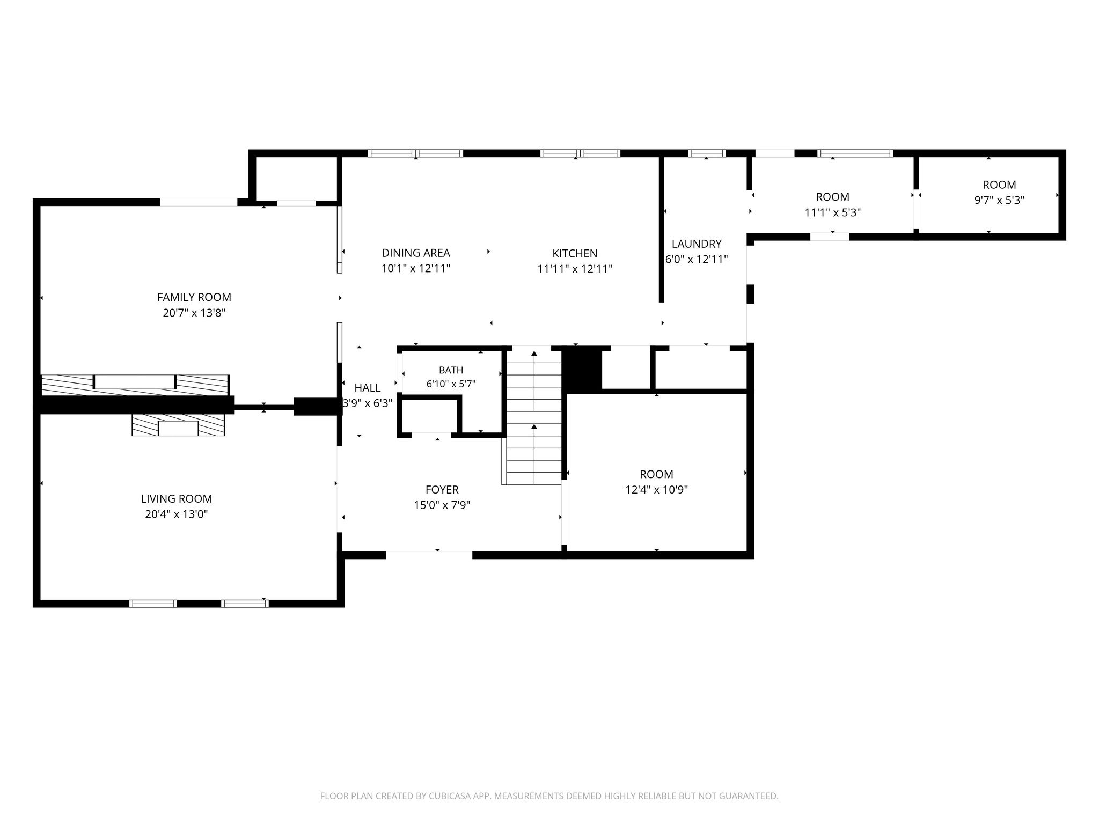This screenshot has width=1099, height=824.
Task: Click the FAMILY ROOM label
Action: (194, 297)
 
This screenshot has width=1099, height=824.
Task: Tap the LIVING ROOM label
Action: (177, 499)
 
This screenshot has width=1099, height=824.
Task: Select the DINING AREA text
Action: (416, 253)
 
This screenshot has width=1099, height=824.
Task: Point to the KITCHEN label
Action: (575, 254)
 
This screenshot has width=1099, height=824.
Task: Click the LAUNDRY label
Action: (697, 244)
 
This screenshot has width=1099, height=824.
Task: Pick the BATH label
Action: (451, 370)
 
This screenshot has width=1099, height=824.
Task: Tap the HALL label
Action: (368, 388)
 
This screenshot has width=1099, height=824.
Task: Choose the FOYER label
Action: (442, 490)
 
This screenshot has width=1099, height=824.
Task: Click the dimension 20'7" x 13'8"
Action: (194, 313)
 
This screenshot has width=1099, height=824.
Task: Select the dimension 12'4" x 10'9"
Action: (657, 490)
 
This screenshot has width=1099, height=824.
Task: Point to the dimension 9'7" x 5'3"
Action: (999, 201)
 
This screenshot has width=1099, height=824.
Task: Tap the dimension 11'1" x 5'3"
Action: (833, 212)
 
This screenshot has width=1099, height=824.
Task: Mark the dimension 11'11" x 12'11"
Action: (575, 269)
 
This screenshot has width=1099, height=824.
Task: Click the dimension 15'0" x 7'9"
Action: (442, 505)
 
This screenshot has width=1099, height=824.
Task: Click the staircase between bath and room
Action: (534, 416)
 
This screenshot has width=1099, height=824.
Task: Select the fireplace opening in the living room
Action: (178, 428)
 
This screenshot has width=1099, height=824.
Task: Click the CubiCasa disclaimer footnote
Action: (549, 796)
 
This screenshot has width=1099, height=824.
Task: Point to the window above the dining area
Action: (416, 153)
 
